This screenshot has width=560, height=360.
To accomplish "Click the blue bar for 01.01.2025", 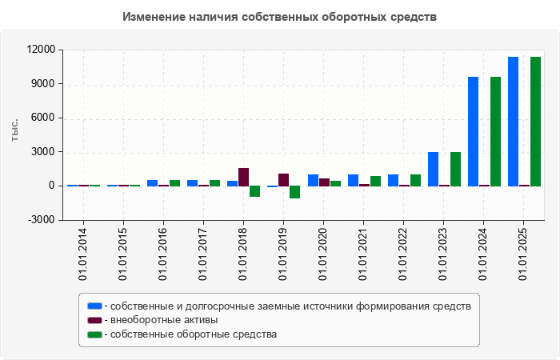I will point(513,121).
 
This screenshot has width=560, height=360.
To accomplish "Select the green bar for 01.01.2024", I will point(495,131).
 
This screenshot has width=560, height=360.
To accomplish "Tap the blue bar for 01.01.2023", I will point(433,169).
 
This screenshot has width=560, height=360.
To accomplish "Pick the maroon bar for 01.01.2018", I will point(243,177).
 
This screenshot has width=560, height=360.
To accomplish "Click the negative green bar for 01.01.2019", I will point(294,192).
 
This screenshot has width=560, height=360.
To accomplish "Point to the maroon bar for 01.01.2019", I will point(283,179).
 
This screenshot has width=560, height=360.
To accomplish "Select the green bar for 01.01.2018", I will point(254,191).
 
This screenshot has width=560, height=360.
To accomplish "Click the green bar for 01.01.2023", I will point(455,169).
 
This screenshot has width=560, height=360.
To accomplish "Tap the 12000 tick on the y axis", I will point(41,50).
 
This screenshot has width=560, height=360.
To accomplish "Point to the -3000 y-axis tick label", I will point(41,220).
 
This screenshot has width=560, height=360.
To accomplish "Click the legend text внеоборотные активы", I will point(165,320).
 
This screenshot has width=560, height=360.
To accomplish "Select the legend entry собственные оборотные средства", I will point(194,334).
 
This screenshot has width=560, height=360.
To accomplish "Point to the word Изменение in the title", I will point(152,16).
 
